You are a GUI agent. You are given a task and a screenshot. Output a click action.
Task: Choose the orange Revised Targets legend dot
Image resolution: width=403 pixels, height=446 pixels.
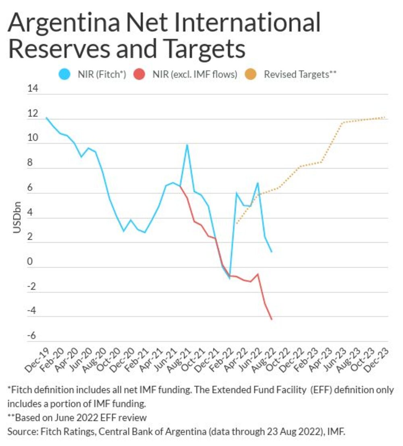tap(254, 75)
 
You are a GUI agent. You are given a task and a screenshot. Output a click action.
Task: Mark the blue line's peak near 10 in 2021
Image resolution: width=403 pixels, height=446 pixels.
tap(187, 145)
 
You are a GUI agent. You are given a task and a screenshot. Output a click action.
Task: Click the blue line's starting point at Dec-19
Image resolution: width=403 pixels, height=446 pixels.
tap(46, 118)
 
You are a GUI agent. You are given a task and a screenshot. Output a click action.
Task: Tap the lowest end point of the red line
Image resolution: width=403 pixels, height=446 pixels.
tap(272, 319)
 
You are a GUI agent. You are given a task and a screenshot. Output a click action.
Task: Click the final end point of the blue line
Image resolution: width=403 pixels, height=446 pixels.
tap(272, 252)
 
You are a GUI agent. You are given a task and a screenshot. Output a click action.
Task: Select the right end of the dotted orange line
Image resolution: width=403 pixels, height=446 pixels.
tap(385, 117)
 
